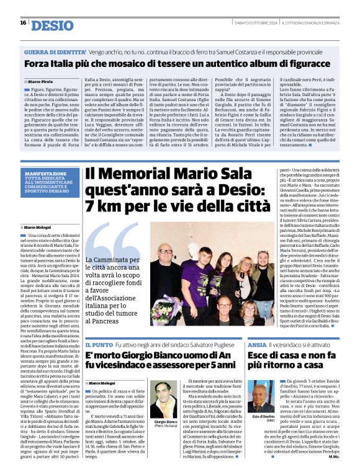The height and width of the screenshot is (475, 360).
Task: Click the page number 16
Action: tap(23, 23)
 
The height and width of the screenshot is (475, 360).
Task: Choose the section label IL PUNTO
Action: tap(98, 344)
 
